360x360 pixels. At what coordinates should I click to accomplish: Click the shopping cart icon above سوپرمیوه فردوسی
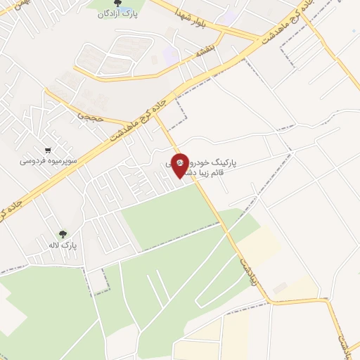tap(47, 150)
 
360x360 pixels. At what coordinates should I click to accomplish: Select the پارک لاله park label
tap(63, 245)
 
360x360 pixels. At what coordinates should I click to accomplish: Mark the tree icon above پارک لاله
tap(63, 234)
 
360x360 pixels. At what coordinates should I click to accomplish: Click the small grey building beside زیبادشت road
tap(280, 288)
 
